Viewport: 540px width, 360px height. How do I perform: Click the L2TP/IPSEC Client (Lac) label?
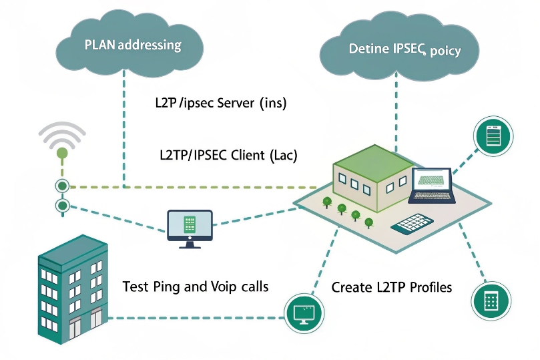228,156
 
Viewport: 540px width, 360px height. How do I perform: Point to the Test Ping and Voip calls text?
195,287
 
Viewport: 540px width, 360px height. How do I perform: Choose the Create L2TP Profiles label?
392,287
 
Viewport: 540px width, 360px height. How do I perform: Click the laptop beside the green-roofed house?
433,186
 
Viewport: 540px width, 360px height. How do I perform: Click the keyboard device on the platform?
418,224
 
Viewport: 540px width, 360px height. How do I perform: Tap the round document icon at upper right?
493,136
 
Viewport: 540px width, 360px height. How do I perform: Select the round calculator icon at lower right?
492,301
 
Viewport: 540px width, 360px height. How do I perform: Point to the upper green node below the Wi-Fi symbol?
62,186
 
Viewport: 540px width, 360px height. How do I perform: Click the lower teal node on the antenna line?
62,205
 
